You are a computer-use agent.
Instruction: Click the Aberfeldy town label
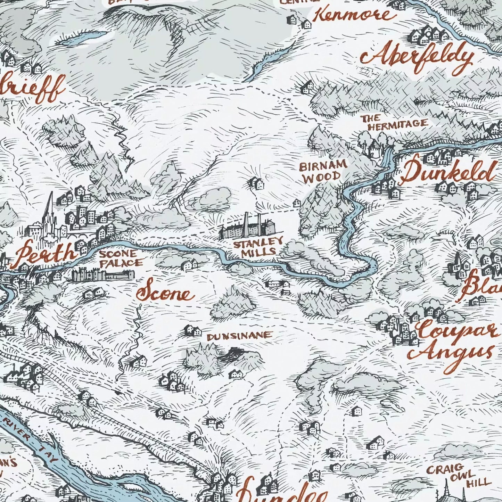[x=417, y=58]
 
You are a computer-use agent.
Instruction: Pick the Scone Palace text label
[x=120, y=258]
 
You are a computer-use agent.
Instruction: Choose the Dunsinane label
[x=239, y=336]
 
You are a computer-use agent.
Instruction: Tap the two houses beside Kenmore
[x=299, y=21]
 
